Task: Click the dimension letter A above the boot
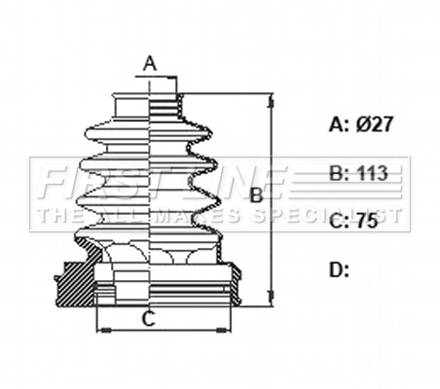pyautogui.click(x=150, y=64)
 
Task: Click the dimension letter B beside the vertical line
pyautogui.click(x=257, y=194)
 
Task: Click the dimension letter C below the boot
pyautogui.click(x=149, y=317)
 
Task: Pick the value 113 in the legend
pyautogui.click(x=372, y=174)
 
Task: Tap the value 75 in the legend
pyautogui.click(x=366, y=222)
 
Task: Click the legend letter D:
pyautogui.click(x=338, y=269)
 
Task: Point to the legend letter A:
pyautogui.click(x=338, y=124)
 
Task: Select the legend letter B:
pyautogui.click(x=338, y=174)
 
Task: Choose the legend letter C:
pyautogui.click(x=338, y=222)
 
